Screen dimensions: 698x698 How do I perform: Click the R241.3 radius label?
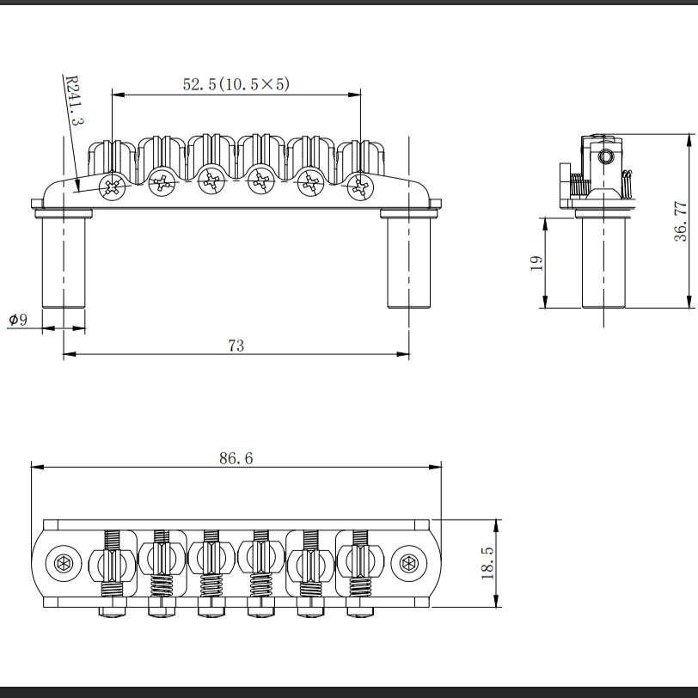(x=75, y=100)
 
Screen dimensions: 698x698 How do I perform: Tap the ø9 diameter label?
(x=18, y=319)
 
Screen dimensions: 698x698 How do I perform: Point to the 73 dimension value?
(x=236, y=346)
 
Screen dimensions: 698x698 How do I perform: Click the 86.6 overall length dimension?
(x=236, y=458)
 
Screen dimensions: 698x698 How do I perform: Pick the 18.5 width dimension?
(x=487, y=563)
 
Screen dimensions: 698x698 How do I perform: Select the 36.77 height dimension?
(x=680, y=221)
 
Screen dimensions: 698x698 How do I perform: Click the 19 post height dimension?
(x=535, y=262)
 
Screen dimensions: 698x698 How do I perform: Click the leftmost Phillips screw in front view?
(x=112, y=186)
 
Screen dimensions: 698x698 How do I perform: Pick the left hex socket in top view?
(x=64, y=564)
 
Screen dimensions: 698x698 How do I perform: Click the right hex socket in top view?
(x=408, y=564)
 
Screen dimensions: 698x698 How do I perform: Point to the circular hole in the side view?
(x=607, y=157)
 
